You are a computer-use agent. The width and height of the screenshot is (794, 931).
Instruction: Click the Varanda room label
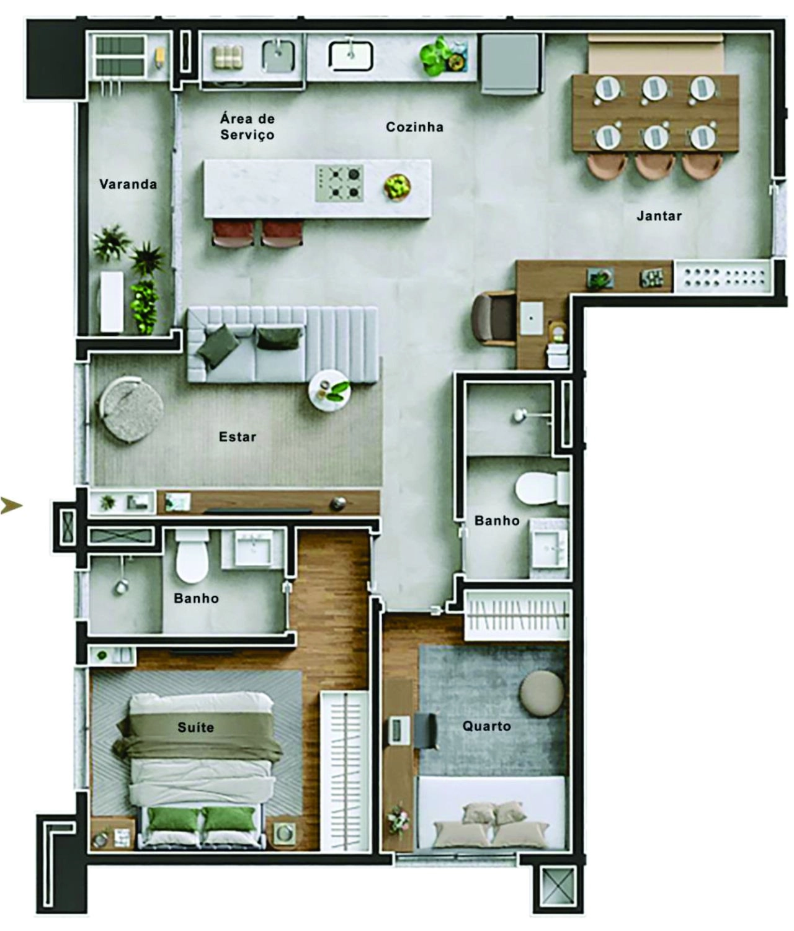(x=128, y=184)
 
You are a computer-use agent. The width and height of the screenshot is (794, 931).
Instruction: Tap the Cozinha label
(x=414, y=127)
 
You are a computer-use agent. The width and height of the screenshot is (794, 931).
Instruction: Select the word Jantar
(x=659, y=216)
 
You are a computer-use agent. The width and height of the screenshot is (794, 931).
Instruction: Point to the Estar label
(x=237, y=436)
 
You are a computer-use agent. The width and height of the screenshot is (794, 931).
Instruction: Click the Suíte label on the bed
(x=195, y=727)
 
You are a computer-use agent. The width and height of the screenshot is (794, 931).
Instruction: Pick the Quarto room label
(x=486, y=726)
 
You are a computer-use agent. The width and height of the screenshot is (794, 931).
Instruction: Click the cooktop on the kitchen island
(x=339, y=183)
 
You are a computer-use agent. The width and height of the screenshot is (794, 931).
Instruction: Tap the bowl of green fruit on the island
(x=397, y=186)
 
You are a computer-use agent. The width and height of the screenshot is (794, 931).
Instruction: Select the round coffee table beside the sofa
(x=329, y=390)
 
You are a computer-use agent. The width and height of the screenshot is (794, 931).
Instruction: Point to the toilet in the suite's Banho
(x=192, y=557)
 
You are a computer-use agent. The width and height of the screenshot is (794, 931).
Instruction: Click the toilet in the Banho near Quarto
(x=542, y=488)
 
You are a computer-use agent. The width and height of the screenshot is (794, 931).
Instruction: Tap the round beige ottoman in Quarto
(x=542, y=693)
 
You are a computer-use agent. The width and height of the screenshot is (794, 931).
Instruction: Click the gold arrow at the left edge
(x=11, y=505)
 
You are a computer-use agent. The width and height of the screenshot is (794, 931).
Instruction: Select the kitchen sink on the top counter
(x=350, y=56)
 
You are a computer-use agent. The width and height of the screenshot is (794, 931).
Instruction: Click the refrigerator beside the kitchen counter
(x=510, y=64)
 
